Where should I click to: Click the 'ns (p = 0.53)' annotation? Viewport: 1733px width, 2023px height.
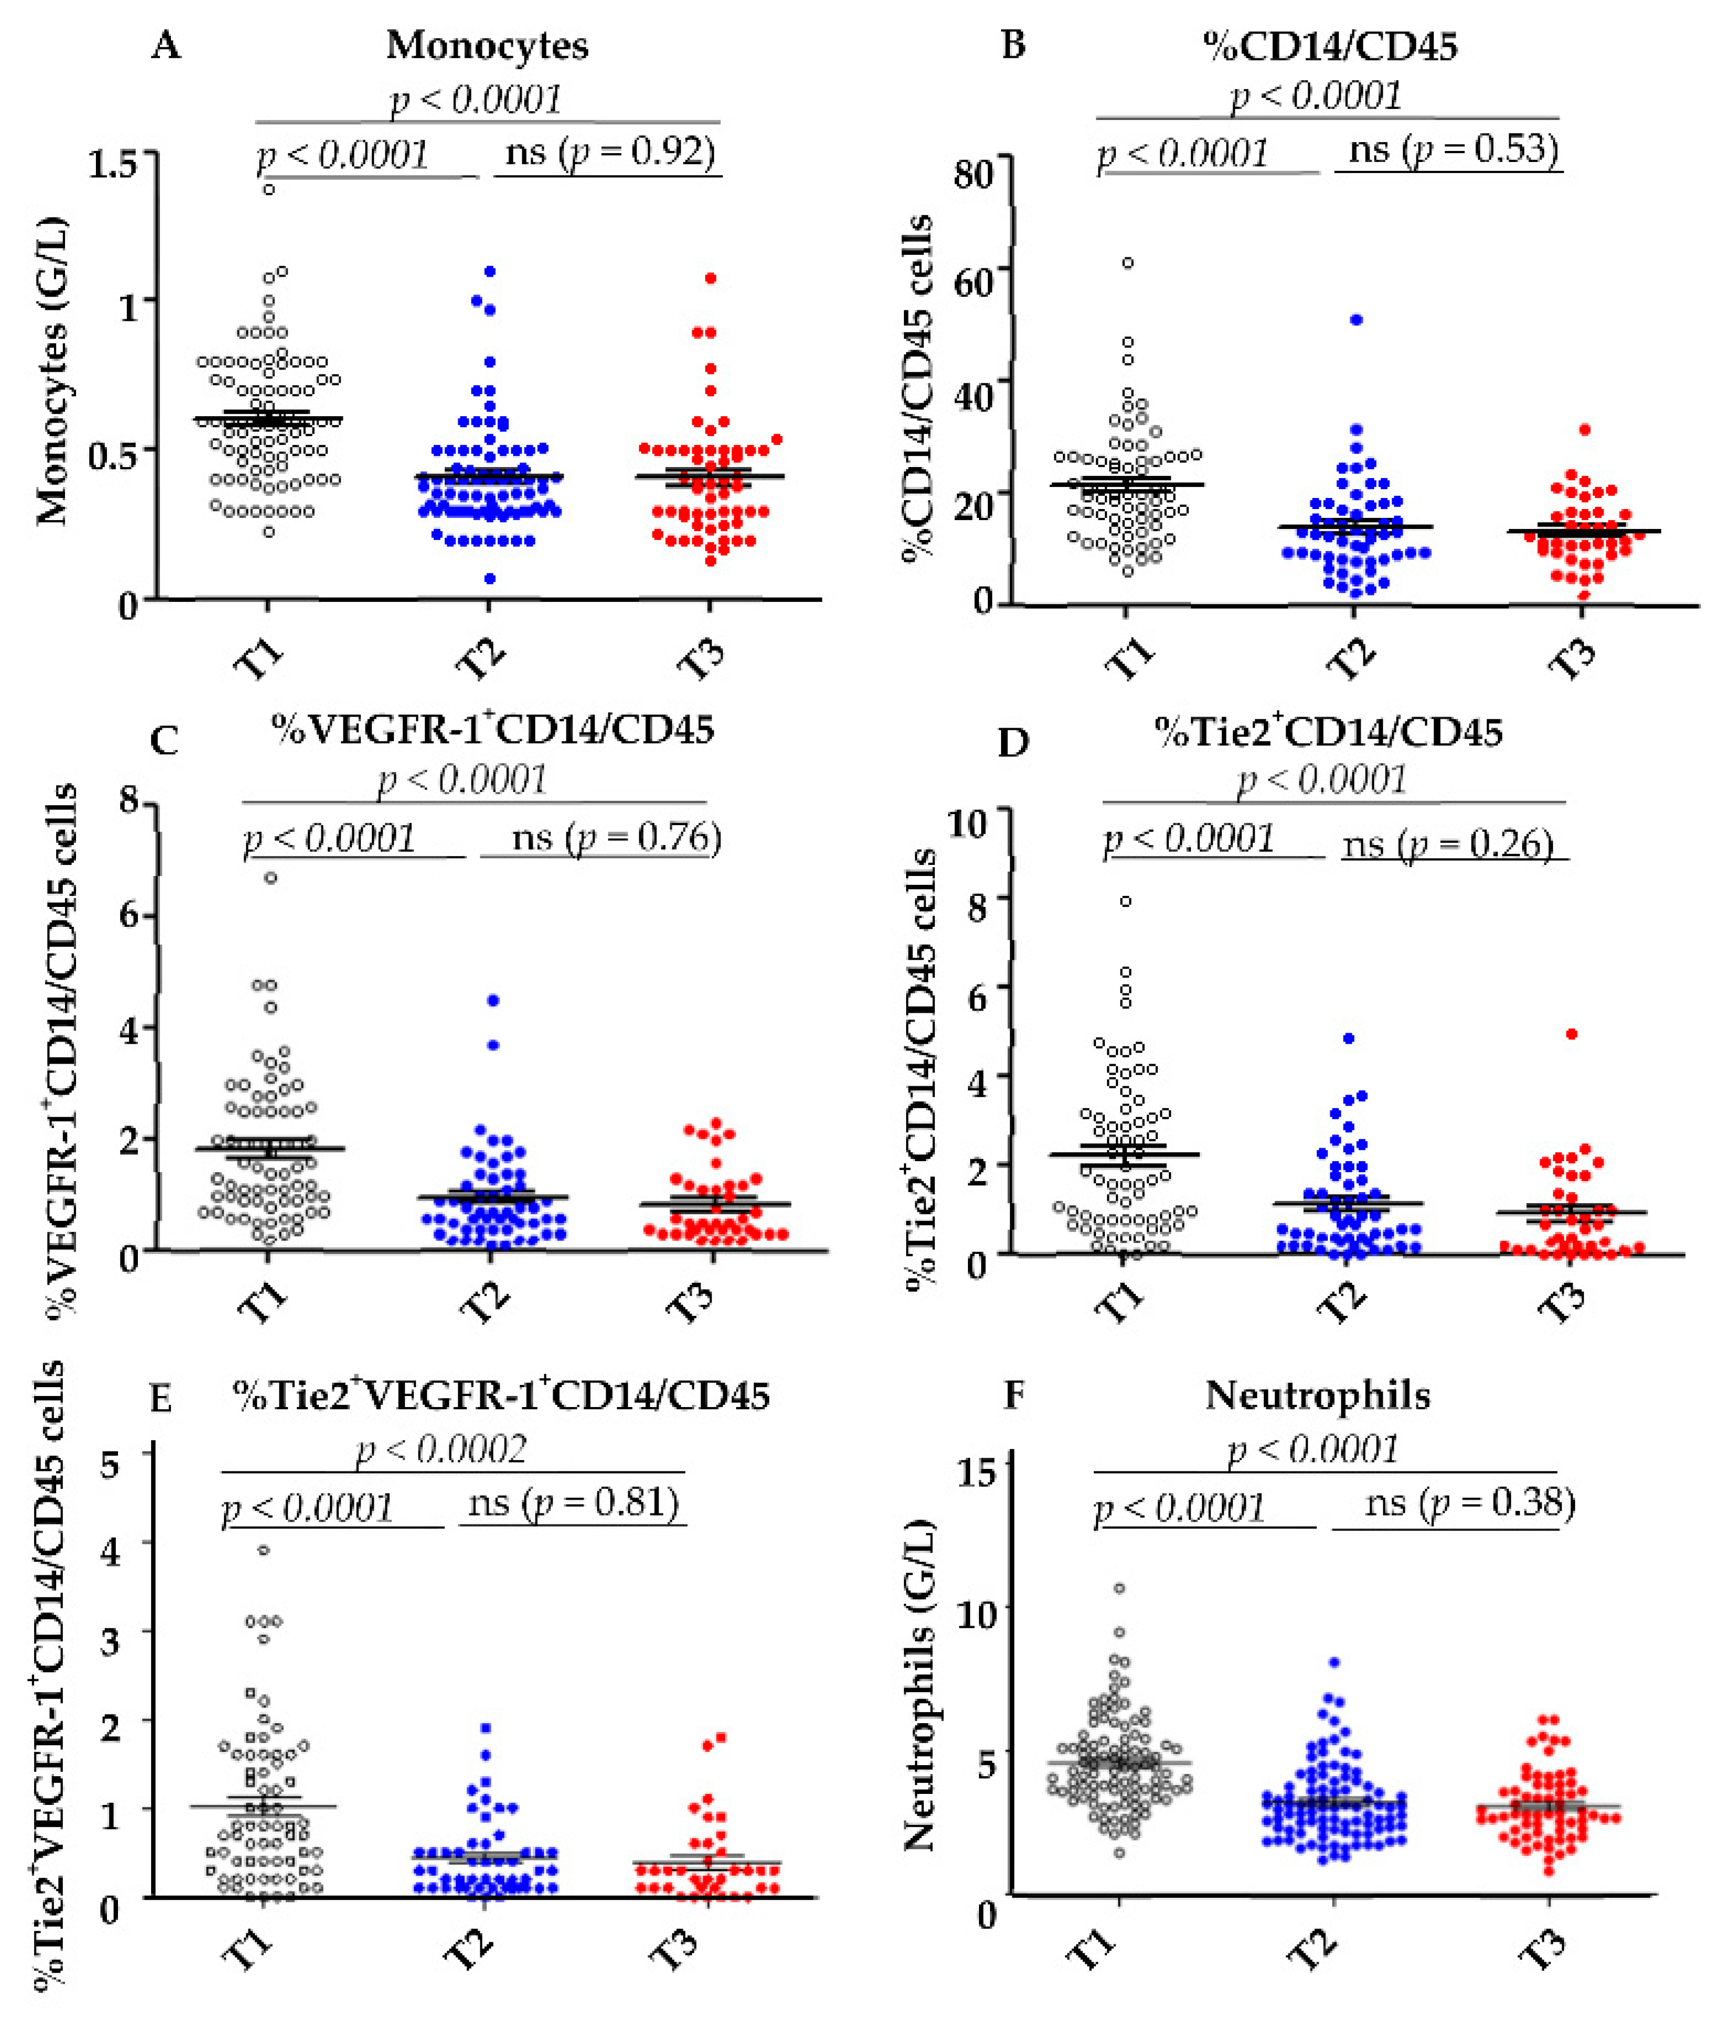tap(1453, 149)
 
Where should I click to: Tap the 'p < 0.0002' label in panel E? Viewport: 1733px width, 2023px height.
tap(442, 1449)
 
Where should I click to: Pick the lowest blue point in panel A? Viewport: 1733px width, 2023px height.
tap(490, 579)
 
